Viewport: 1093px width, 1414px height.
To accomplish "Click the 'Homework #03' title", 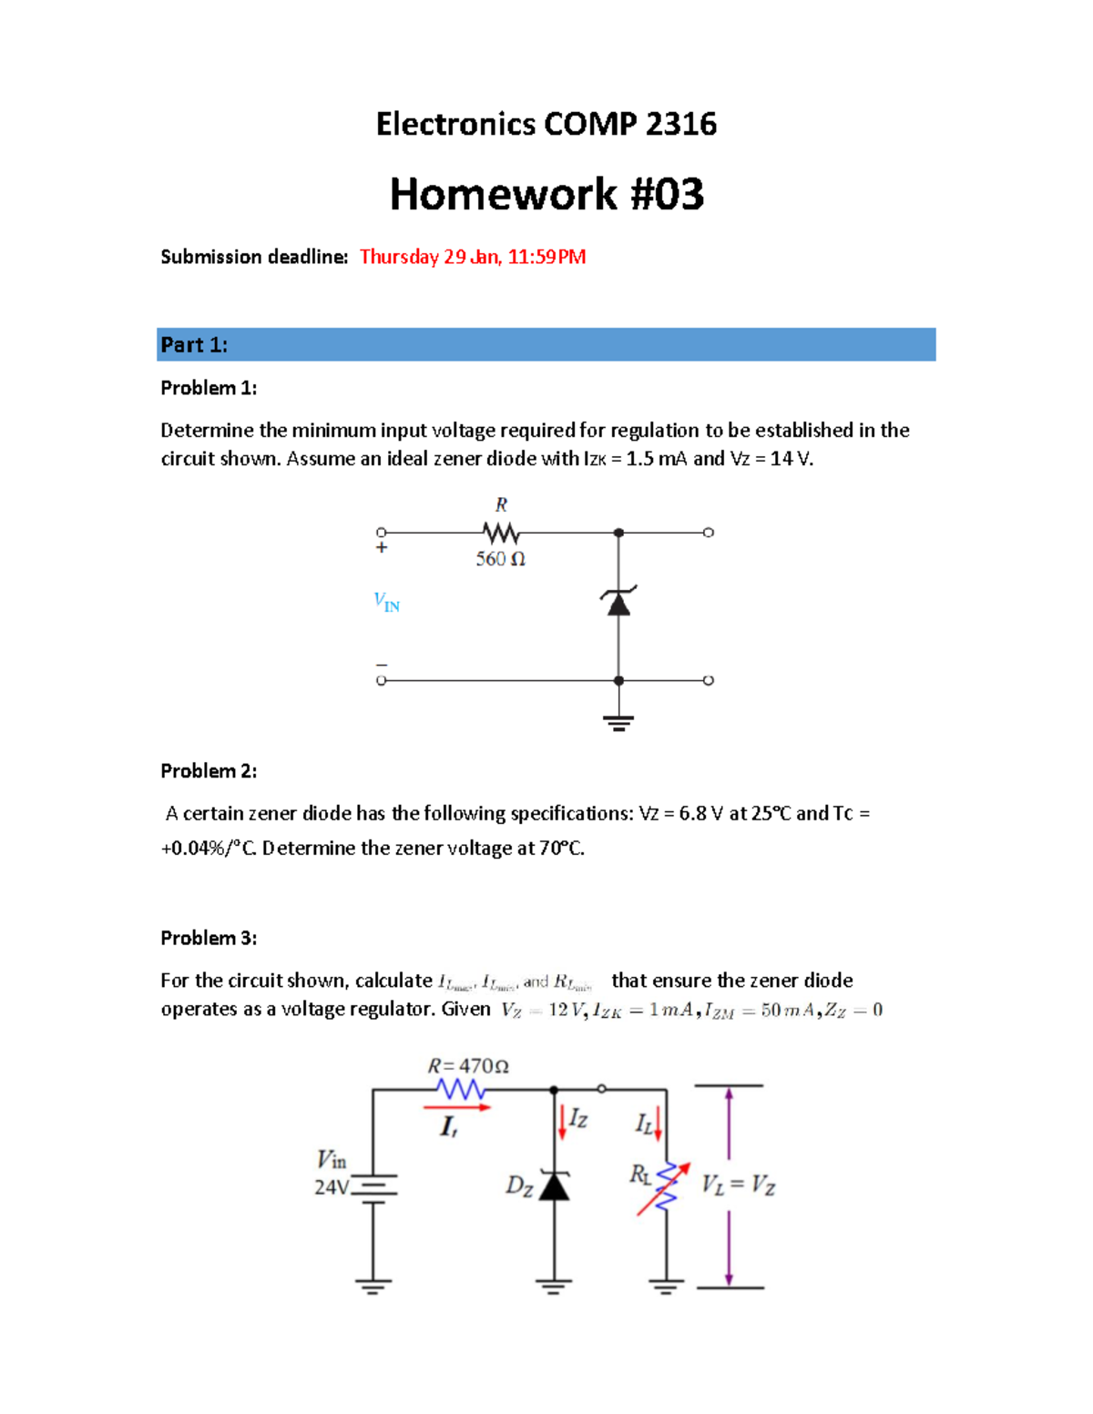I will click(546, 194).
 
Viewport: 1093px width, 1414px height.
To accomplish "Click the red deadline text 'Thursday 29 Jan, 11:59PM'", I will click(472, 257).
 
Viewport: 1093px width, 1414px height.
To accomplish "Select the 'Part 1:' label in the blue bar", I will click(194, 345).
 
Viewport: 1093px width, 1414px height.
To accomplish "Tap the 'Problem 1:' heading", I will click(209, 388).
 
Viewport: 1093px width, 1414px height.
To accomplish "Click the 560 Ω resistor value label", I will click(500, 559).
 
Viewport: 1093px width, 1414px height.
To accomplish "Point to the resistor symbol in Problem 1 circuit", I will click(501, 533).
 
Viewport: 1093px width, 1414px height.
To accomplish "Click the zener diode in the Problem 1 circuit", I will click(618, 602).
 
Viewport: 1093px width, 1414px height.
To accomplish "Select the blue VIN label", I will click(386, 602).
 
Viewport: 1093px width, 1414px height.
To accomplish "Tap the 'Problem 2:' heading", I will click(209, 771).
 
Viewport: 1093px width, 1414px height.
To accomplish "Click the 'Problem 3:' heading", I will click(209, 938).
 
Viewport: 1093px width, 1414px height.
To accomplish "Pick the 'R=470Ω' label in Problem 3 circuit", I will click(468, 1066).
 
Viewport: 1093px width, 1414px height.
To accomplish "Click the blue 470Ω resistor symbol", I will click(460, 1089).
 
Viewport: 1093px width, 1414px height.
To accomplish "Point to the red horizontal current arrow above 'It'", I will click(457, 1107).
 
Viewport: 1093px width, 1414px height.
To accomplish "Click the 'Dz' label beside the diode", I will click(519, 1185).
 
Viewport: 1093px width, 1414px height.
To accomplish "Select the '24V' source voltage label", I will click(331, 1187).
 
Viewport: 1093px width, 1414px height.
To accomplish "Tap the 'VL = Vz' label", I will click(738, 1185).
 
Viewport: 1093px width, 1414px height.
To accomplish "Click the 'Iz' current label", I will click(578, 1119).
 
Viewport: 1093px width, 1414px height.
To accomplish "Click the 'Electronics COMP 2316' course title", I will click(546, 124).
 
